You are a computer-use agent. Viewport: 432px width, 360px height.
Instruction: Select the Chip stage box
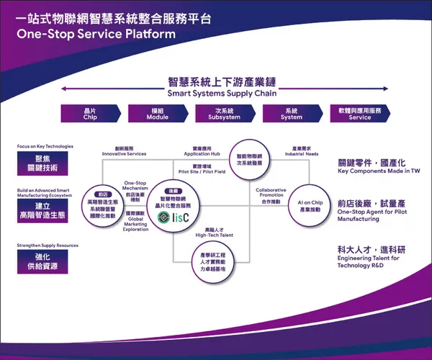click(x=90, y=114)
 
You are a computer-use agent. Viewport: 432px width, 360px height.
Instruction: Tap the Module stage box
click(x=157, y=114)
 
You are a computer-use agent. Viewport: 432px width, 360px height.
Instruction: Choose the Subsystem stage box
click(x=224, y=114)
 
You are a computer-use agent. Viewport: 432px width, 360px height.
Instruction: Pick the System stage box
click(x=292, y=114)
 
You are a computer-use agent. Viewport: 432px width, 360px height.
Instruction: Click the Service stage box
click(x=360, y=114)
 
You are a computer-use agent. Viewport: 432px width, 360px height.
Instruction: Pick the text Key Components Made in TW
click(x=379, y=172)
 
